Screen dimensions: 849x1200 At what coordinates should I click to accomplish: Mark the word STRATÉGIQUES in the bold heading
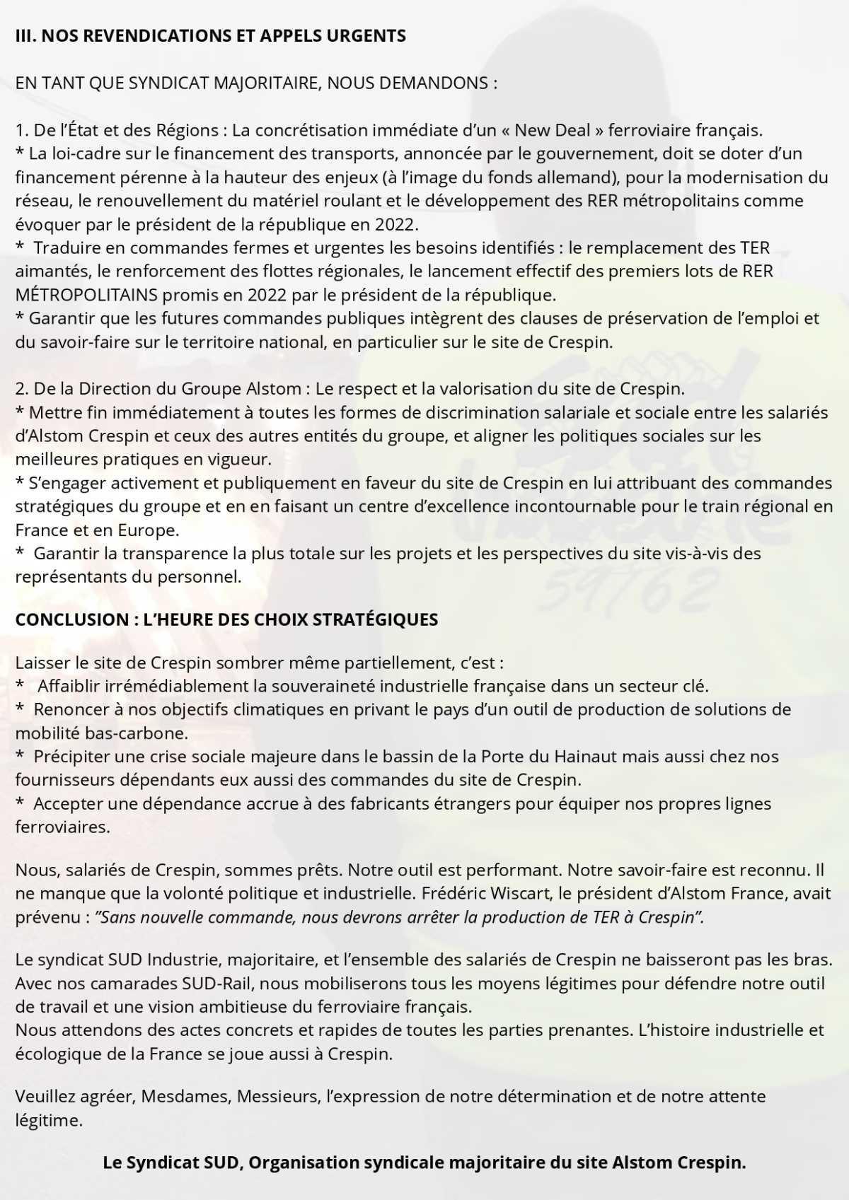tap(375, 619)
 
